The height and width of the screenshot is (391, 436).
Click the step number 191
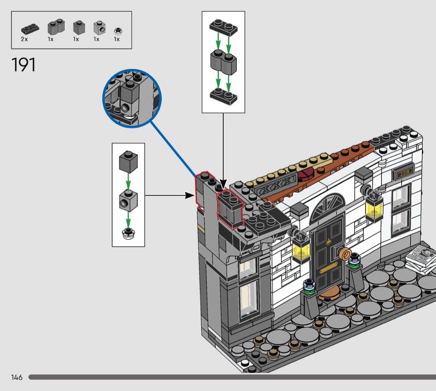[x=24, y=65]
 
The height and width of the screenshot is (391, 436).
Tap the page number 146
[x=17, y=377]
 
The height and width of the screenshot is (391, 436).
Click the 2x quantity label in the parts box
[x=24, y=39]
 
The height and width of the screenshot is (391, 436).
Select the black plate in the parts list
[x=30, y=29]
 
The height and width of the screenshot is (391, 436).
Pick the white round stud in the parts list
[x=117, y=30]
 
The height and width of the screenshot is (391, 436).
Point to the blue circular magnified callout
[x=132, y=98]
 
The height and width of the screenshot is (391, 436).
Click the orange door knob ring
[x=346, y=254]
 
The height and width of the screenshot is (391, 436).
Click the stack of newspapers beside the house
[x=421, y=257]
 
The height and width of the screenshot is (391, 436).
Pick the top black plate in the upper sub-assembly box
[x=223, y=27]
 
